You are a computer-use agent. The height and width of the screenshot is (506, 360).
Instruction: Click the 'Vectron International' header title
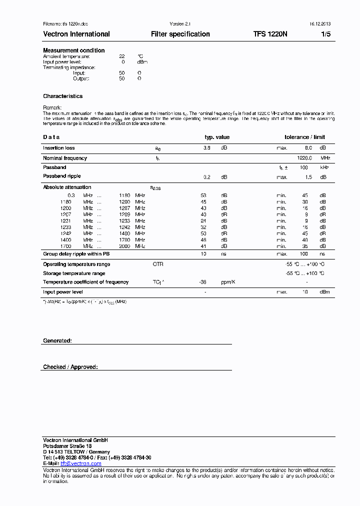[x=76, y=34]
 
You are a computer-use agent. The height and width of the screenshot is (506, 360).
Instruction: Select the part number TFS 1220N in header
[x=270, y=34]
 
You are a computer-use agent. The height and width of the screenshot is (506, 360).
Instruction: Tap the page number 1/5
[x=325, y=34]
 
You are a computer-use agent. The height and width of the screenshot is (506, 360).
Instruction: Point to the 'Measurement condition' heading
[x=74, y=50]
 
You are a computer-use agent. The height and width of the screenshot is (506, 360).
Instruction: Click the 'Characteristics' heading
[x=63, y=96]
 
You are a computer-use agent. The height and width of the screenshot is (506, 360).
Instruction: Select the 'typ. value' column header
[x=217, y=137]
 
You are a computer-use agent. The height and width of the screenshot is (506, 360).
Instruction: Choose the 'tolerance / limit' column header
[x=304, y=137]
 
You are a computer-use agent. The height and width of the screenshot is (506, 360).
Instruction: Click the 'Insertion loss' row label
[x=59, y=148]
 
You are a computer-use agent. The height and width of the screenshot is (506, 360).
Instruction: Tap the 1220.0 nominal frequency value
[x=304, y=158]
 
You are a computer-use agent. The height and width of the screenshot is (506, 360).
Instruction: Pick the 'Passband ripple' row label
[x=62, y=176]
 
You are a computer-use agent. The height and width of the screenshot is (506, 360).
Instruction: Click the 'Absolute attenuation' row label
[x=67, y=187]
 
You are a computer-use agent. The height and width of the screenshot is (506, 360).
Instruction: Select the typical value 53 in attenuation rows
[x=203, y=195]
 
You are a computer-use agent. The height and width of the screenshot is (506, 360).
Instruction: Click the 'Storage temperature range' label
[x=74, y=273]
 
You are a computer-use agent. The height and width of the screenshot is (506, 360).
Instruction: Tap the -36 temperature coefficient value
[x=203, y=282]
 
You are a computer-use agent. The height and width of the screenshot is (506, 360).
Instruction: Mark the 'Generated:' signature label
[x=57, y=340]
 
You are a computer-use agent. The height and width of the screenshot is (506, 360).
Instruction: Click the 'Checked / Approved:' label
[x=70, y=367]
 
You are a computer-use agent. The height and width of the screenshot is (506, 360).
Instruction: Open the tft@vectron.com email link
[x=80, y=463]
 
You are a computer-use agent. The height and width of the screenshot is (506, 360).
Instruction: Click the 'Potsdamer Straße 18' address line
[x=67, y=446]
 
